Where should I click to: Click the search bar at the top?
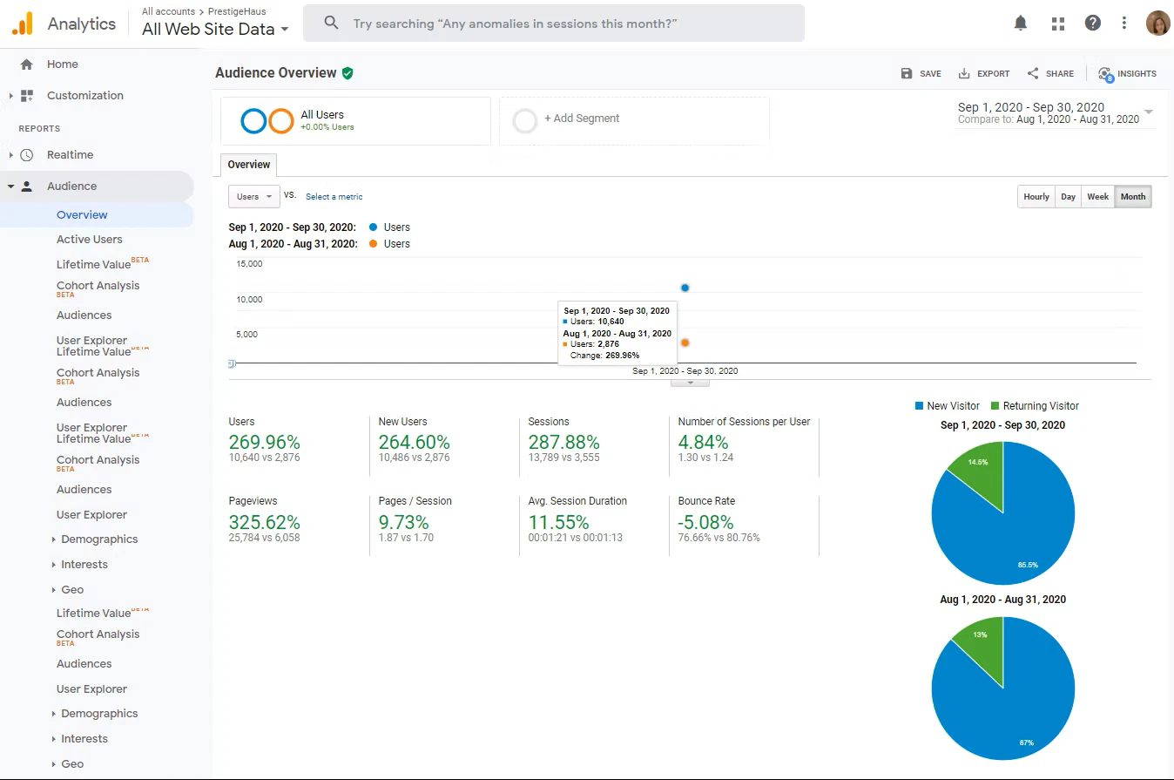point(553,24)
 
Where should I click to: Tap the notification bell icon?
point(1021,24)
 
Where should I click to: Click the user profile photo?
point(1157,24)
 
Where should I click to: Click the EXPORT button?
point(984,74)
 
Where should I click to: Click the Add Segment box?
point(633,119)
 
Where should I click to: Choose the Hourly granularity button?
point(1036,197)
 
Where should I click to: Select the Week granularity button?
point(1097,197)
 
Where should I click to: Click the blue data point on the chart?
point(685,288)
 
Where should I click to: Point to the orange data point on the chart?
point(685,343)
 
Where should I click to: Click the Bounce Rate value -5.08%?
point(705,523)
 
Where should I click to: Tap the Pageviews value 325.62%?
point(264,523)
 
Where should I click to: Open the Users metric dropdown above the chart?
point(254,197)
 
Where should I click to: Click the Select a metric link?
point(334,197)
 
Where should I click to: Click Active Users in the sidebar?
point(90,240)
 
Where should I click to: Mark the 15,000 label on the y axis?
point(249,264)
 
